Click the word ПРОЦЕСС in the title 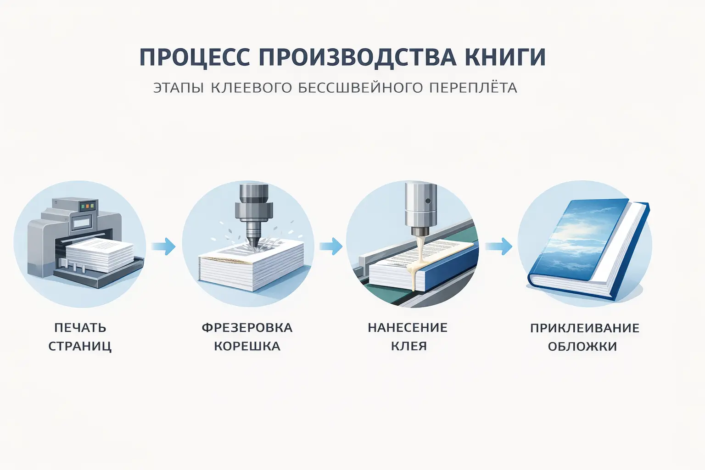point(195,57)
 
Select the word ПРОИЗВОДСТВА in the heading point(358,57)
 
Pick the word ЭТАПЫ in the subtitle point(179,88)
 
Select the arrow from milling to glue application point(331,246)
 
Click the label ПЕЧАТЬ point(80,328)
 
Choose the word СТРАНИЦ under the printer point(80,346)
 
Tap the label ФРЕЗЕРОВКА point(247,328)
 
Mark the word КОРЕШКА point(247,346)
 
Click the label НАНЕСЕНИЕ point(408,328)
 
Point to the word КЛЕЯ point(409,346)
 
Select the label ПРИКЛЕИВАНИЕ point(584,328)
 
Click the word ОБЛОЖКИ point(582,347)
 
